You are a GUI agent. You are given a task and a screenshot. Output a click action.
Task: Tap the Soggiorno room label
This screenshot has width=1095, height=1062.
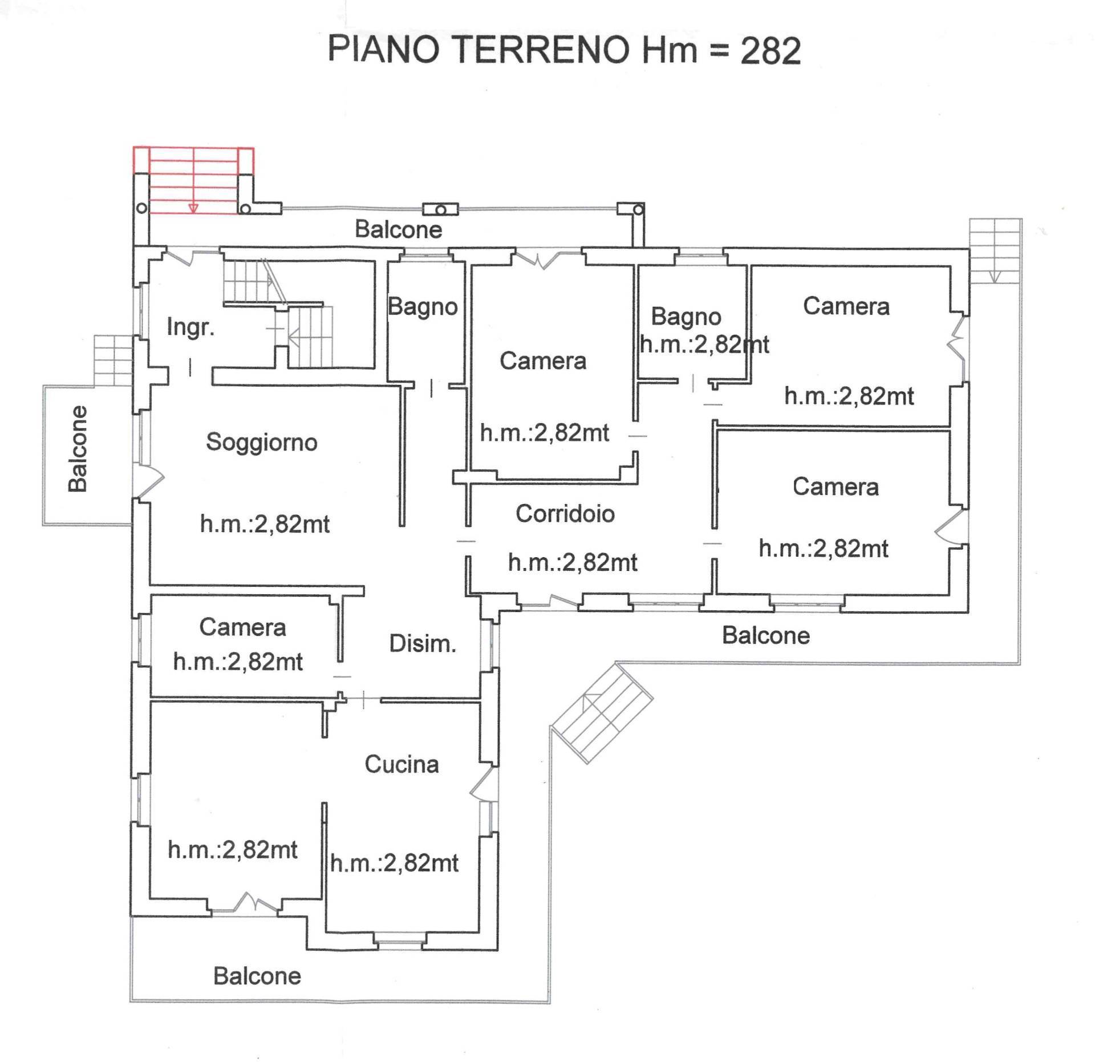coord(261,442)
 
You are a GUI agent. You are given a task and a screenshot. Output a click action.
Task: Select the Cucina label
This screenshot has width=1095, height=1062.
coord(401,764)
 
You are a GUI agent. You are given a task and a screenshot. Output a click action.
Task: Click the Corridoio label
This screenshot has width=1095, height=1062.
coord(565,514)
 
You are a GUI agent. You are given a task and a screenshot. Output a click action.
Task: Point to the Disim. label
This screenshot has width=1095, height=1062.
coord(422,644)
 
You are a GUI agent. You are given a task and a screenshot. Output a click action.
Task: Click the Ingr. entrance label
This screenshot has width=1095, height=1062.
coord(190,327)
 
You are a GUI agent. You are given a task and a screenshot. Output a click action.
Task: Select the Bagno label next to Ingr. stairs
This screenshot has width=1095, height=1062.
coord(423,307)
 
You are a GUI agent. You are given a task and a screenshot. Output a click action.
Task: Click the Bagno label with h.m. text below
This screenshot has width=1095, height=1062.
coord(686,317)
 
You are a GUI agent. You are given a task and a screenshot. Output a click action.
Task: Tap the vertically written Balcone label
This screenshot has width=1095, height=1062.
coord(78,449)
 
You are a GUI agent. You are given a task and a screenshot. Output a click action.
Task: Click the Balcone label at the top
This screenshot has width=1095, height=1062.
coord(398,230)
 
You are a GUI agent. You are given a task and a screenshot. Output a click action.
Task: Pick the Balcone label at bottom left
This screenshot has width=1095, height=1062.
coord(257,976)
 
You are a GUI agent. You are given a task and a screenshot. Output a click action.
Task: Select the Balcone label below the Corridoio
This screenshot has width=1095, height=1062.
coord(765,635)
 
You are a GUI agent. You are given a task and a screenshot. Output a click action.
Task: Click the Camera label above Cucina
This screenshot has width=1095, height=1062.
coord(242,627)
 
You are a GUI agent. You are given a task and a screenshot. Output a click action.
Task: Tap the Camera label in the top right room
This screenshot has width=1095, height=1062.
coord(846,306)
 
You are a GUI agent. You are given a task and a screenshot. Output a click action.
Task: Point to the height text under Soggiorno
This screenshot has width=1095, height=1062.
coord(265,524)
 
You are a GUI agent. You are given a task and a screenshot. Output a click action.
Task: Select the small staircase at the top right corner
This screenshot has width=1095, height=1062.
coord(995,251)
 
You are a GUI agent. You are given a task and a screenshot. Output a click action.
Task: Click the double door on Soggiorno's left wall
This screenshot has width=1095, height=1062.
coord(149,479)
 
